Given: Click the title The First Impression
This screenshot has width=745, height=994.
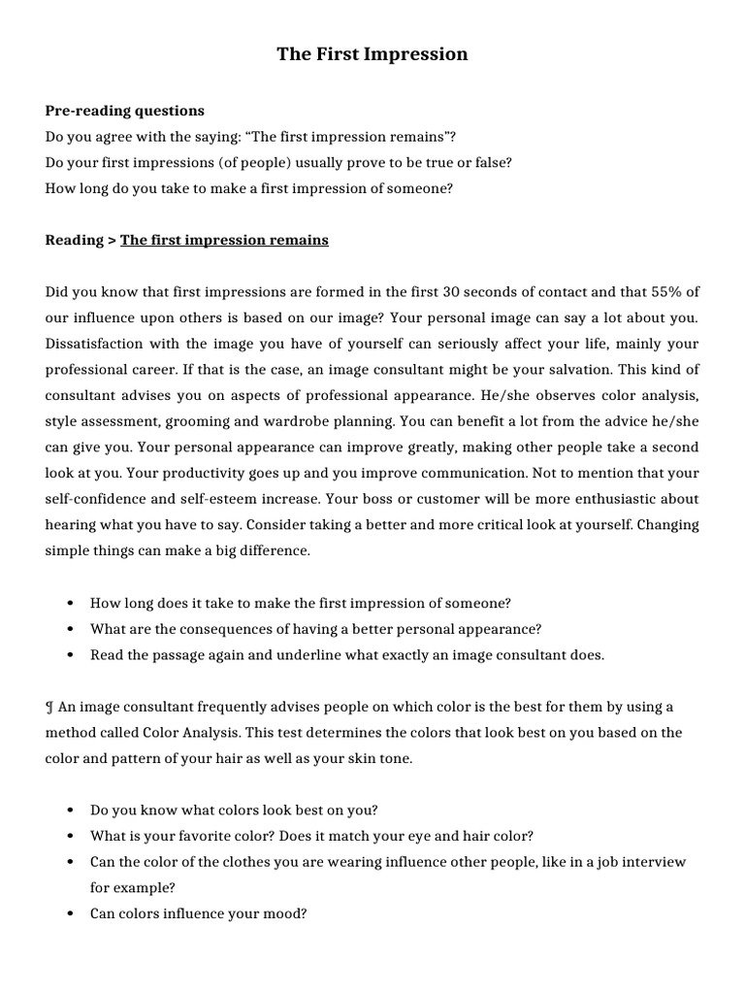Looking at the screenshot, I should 372,54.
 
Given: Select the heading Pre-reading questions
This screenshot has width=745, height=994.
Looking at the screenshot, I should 124,111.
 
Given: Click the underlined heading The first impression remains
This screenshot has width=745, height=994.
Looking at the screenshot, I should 224,240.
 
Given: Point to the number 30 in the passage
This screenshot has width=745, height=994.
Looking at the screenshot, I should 451,292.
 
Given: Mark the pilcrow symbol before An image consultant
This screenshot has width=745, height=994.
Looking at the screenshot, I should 49,707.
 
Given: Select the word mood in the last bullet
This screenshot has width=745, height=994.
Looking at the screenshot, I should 288,913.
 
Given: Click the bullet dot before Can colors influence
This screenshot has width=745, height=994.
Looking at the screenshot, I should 71,914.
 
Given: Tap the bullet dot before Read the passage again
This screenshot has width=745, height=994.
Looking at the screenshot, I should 71,655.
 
